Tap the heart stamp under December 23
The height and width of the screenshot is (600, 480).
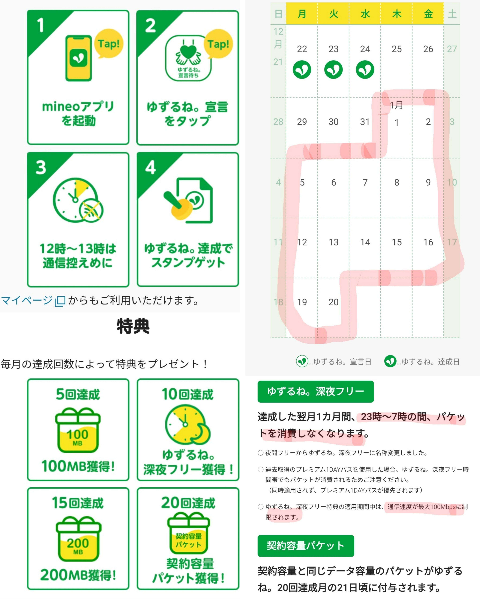point(333,70)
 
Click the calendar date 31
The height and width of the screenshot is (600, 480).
point(365,122)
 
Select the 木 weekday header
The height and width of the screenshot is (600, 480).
point(397,14)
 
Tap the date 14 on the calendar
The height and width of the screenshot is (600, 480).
point(365,242)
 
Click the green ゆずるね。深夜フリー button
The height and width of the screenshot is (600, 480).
point(316,391)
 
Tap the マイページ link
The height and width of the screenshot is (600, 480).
point(27,300)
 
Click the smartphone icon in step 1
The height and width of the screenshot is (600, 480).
point(79,58)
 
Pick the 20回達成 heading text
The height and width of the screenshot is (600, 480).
point(188,502)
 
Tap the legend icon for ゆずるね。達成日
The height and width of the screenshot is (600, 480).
point(390,361)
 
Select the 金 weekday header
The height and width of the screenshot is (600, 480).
point(428,14)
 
